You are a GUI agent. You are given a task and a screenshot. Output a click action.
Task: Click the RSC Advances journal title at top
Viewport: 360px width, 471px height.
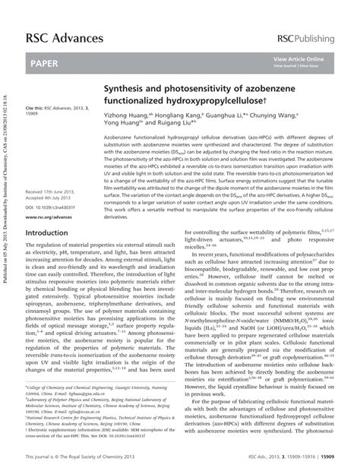point(65,38)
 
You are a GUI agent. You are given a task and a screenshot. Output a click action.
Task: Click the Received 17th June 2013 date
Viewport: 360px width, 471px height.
point(52,192)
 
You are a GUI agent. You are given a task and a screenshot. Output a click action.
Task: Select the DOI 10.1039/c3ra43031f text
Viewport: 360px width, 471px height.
point(53,207)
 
